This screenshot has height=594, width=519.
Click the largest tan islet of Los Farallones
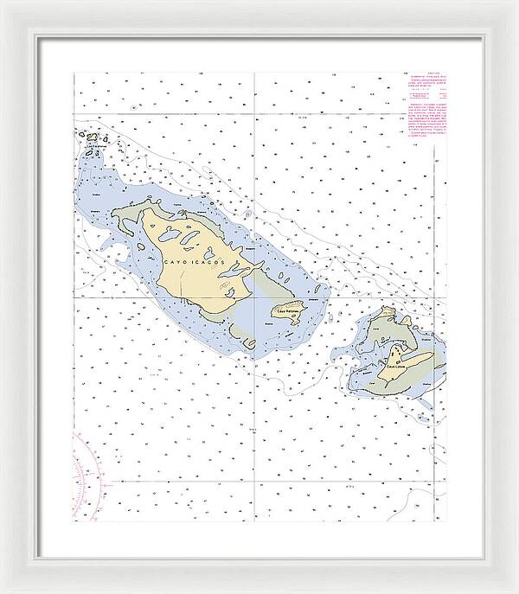point(92,136)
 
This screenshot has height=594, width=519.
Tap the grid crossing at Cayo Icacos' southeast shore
point(253,296)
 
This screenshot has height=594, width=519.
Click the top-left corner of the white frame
point(3,3)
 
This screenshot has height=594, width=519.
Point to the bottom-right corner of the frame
point(516,591)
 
